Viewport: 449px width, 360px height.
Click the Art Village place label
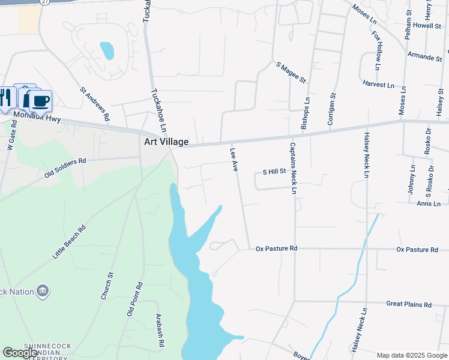(166, 142)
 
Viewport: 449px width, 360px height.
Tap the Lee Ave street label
(234, 160)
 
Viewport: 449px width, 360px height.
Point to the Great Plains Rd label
(409, 305)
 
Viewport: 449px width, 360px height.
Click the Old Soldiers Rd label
(65, 168)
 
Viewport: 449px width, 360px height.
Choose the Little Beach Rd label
(69, 242)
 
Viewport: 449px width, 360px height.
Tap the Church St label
(106, 286)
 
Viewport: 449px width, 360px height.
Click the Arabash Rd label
(160, 331)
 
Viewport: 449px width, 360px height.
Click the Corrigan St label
(331, 109)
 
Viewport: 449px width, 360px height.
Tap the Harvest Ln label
(382, 85)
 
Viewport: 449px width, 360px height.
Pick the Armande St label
(424, 57)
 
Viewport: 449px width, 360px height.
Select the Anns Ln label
(429, 204)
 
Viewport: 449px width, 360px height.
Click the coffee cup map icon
(41, 100)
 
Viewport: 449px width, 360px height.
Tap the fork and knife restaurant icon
(5, 97)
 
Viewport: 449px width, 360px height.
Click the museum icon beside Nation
(43, 292)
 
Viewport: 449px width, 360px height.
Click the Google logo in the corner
(20, 353)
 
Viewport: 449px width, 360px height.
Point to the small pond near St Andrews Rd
(107, 50)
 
